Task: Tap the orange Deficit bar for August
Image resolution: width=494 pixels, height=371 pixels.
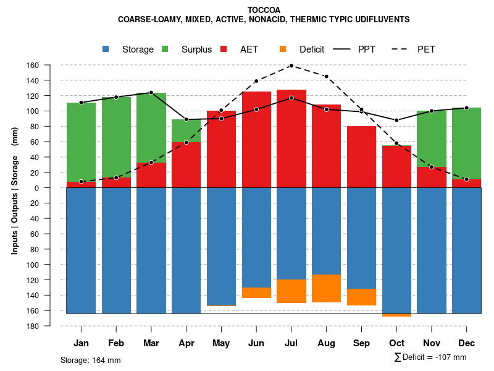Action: (327, 288)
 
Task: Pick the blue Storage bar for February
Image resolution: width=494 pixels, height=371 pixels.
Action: (116, 250)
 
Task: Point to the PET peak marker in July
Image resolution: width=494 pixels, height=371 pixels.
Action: (291, 66)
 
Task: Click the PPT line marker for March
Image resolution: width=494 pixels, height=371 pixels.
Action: (151, 93)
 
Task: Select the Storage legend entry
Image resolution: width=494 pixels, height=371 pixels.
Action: (129, 49)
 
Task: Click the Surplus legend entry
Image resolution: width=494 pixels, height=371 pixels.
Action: (188, 49)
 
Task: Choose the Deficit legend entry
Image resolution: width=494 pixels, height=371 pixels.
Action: (303, 49)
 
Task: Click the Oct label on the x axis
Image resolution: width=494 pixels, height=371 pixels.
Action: (396, 343)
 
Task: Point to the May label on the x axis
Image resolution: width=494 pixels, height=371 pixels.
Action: (221, 343)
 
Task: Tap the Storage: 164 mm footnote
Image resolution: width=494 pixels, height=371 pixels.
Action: (91, 360)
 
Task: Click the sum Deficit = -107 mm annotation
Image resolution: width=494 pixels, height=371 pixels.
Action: (430, 357)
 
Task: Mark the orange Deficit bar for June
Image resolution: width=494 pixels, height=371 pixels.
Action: (256, 292)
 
